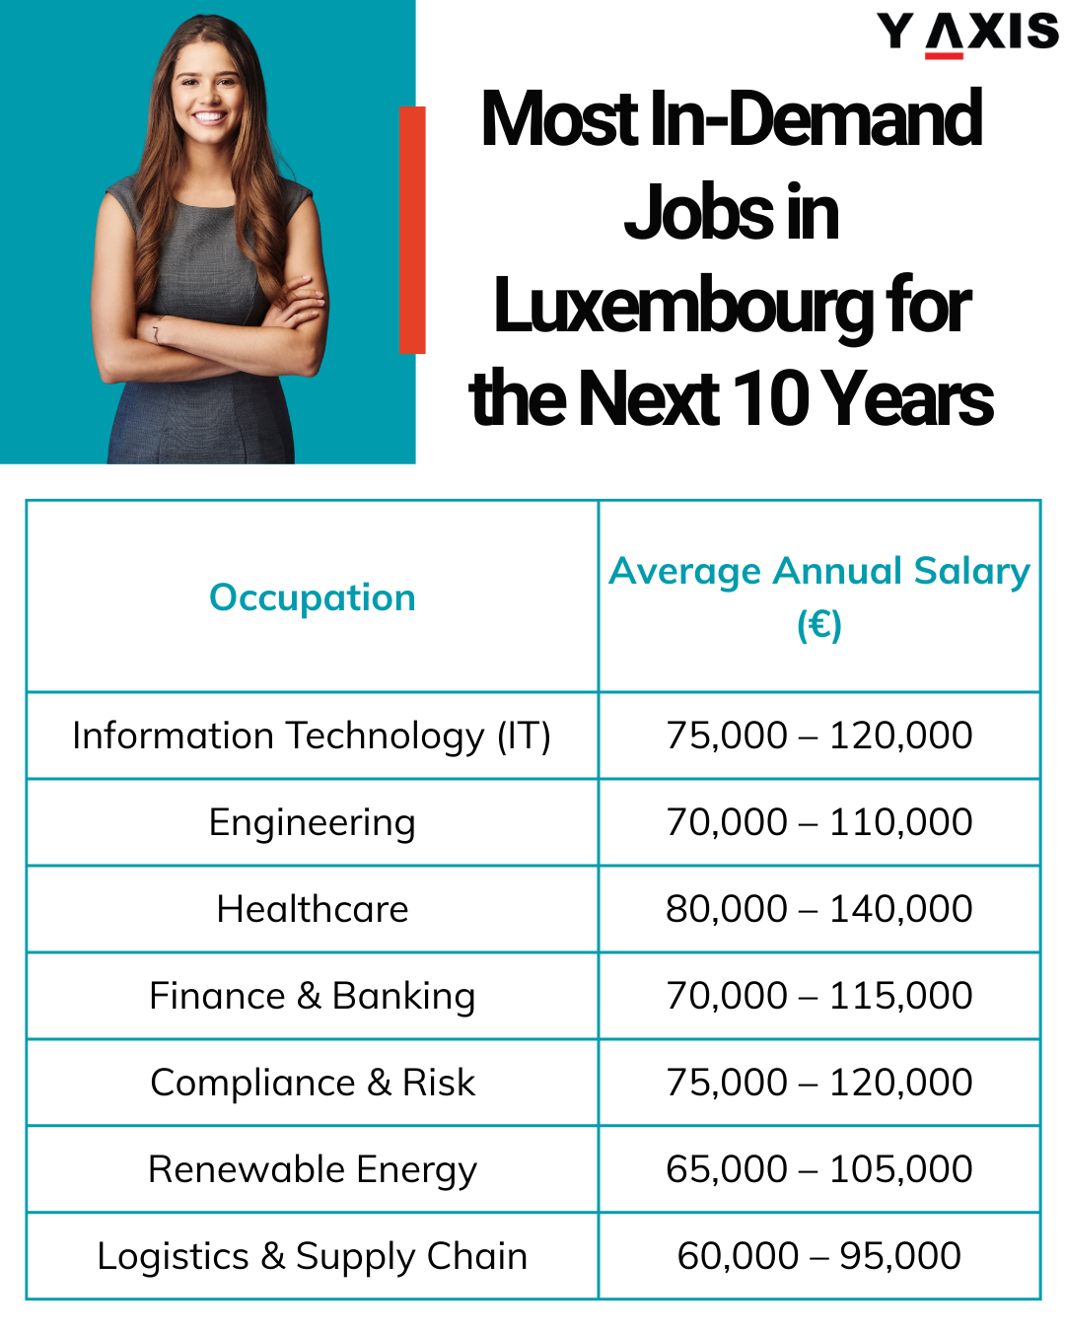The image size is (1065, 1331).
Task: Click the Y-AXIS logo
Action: (x=967, y=32)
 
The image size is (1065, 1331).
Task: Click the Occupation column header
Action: (x=313, y=597)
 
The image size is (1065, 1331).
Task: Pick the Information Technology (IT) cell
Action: (x=312, y=736)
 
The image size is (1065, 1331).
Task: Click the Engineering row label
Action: (x=312, y=822)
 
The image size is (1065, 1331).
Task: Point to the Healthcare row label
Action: (x=312, y=909)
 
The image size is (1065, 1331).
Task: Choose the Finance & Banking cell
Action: (x=312, y=996)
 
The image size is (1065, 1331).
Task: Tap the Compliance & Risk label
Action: (x=312, y=1083)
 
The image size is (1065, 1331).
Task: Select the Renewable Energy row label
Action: (x=312, y=1169)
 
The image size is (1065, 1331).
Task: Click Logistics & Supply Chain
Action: (x=312, y=1256)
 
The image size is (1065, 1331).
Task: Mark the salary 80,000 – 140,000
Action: (x=818, y=909)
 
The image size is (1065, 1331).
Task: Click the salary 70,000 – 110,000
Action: (x=818, y=822)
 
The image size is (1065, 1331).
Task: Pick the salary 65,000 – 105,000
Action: (x=818, y=1169)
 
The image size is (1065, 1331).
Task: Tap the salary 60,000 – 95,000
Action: (x=818, y=1256)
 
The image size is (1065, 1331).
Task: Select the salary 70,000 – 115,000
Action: (x=818, y=996)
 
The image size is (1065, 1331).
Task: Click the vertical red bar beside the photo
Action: (x=412, y=229)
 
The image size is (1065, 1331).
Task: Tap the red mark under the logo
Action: (x=944, y=55)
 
